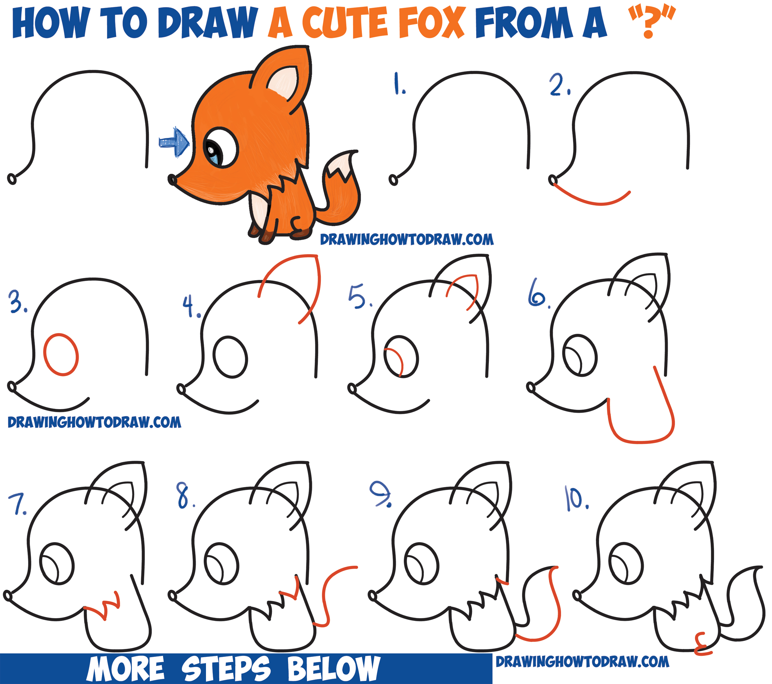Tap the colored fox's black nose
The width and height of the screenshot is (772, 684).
tap(172, 179)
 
